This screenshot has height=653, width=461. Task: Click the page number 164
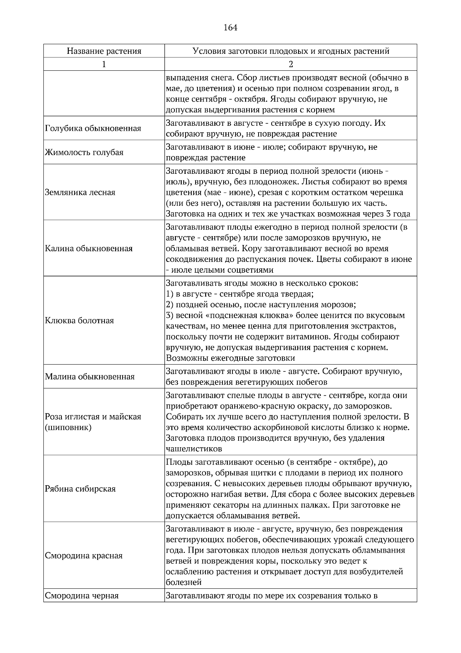(x=230, y=28)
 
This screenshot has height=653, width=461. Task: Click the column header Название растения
(x=104, y=51)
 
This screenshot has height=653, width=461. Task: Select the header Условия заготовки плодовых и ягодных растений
(x=291, y=51)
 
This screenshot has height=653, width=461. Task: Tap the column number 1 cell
(x=104, y=64)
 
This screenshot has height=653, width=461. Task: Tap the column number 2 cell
(x=291, y=64)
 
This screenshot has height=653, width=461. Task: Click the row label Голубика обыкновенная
(x=93, y=128)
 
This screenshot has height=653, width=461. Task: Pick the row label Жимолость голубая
(x=84, y=152)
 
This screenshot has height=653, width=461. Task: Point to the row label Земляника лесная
(x=80, y=192)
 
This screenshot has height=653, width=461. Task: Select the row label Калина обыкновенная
(x=89, y=248)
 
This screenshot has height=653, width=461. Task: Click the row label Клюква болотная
(x=80, y=321)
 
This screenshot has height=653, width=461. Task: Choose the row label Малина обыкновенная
(x=90, y=376)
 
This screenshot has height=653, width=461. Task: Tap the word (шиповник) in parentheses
(x=68, y=428)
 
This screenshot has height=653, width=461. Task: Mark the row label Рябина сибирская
(x=80, y=489)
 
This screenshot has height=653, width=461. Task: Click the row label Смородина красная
(x=84, y=556)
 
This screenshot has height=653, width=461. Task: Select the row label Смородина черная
(x=82, y=596)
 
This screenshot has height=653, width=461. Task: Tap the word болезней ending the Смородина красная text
(x=184, y=582)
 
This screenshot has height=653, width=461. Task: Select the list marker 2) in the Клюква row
(x=170, y=305)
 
